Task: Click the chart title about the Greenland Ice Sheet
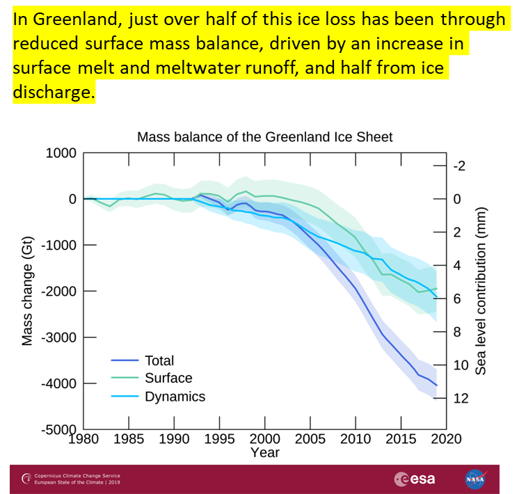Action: click(264, 136)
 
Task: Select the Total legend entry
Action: click(159, 360)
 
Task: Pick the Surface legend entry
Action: click(168, 379)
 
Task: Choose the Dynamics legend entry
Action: click(175, 397)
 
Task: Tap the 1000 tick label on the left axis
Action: click(61, 153)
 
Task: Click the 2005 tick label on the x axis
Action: click(310, 438)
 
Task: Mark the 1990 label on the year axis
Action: click(174, 438)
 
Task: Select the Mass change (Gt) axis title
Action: click(28, 291)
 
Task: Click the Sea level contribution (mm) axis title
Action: click(481, 291)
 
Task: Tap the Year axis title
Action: click(264, 452)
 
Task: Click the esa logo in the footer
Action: click(415, 479)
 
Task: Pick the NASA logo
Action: click(476, 479)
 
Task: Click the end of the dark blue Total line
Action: click(436, 385)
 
